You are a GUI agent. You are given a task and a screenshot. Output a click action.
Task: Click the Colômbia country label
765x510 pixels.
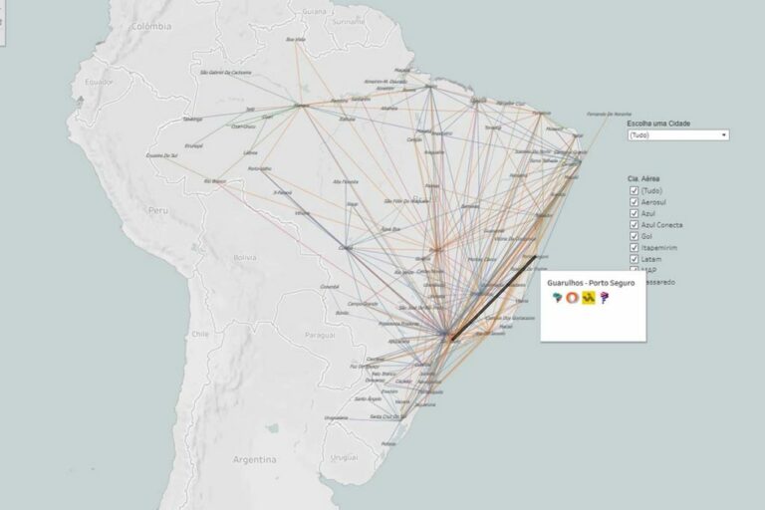pyautogui.click(x=153, y=28)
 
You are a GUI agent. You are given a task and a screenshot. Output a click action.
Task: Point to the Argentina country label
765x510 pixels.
pyautogui.click(x=254, y=461)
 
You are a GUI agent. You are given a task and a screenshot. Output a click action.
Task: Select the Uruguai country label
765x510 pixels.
pyautogui.click(x=343, y=457)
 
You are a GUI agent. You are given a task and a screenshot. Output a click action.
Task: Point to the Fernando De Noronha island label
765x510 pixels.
pyautogui.click(x=611, y=113)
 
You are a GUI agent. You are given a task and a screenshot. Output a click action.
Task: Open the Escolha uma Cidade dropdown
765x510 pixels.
pyautogui.click(x=678, y=134)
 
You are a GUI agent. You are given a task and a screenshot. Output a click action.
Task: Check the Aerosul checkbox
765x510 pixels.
pyautogui.click(x=634, y=201)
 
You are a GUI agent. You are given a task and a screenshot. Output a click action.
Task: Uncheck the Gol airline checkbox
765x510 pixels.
pyautogui.click(x=634, y=236)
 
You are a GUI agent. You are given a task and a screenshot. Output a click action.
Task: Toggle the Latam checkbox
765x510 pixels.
pyautogui.click(x=634, y=259)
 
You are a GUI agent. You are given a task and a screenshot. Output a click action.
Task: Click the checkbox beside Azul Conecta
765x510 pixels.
pyautogui.click(x=634, y=224)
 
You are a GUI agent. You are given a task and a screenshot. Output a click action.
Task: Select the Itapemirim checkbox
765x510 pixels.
pyautogui.click(x=634, y=247)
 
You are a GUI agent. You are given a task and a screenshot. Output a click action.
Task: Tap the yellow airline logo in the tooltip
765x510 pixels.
pyautogui.click(x=589, y=298)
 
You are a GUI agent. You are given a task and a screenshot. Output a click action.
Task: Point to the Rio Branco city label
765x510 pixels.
pyautogui.click(x=215, y=181)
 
